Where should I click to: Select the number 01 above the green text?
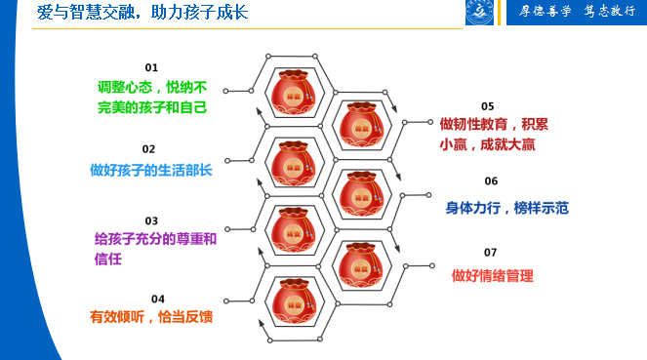(x=151, y=66)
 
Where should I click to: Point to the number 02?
(x=148, y=149)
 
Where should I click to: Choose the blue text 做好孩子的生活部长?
(x=151, y=170)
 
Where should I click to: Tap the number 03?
(x=151, y=221)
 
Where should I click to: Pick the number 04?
(x=158, y=298)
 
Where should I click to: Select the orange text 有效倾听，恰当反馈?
(x=151, y=317)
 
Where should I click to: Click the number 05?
(x=488, y=105)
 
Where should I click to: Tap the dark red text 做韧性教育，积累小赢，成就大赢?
(x=492, y=133)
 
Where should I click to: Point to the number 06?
(x=491, y=181)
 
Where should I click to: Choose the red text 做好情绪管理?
(x=493, y=276)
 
